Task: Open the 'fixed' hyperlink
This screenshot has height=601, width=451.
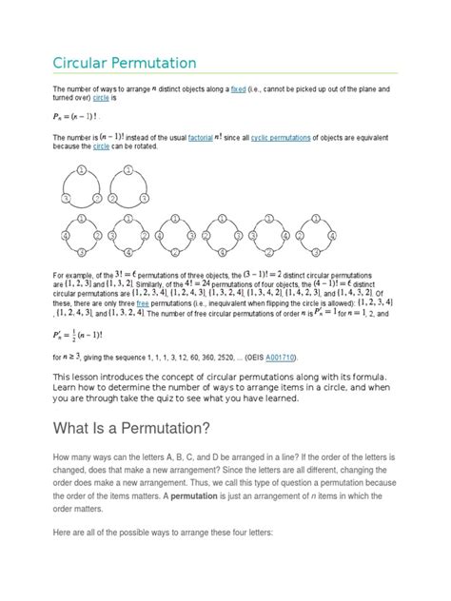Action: [x=254, y=87]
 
